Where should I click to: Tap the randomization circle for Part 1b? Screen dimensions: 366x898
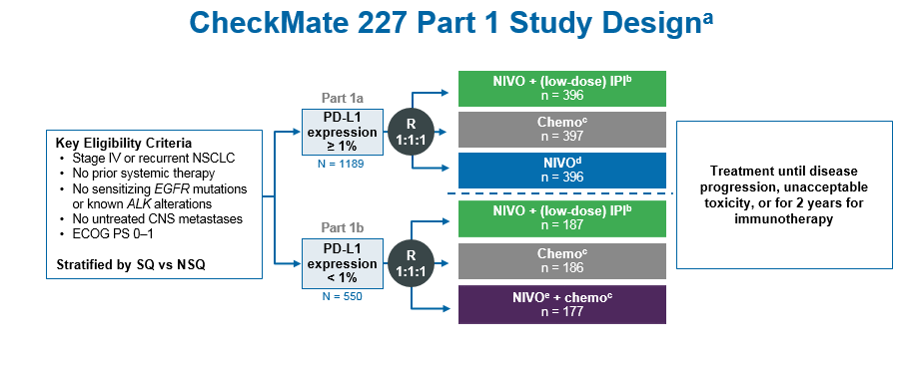point(411,262)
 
